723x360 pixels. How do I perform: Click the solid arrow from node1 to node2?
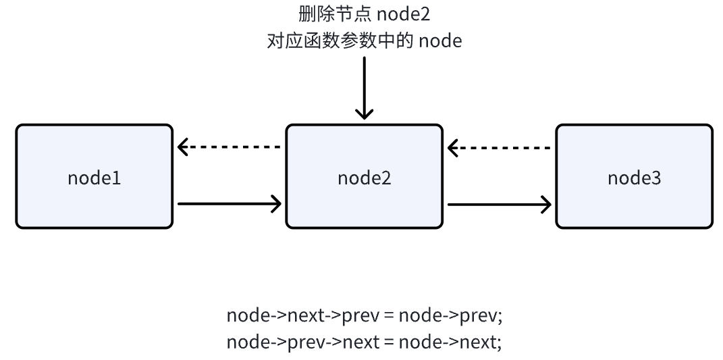[230, 203]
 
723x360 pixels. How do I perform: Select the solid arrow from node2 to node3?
[500, 203]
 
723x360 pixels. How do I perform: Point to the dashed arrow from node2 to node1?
[230, 147]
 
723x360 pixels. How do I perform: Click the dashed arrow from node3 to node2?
[500, 147]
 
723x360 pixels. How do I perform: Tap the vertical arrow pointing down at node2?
[364, 88]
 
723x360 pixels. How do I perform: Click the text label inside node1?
[94, 178]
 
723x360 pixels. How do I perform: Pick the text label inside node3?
[634, 178]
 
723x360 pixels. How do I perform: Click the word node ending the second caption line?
[440, 41]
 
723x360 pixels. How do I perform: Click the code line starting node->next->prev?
[364, 315]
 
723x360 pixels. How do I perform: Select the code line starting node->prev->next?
[364, 342]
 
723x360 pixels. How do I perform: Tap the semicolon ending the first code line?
[500, 317]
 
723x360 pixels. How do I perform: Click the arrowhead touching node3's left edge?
[545, 203]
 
